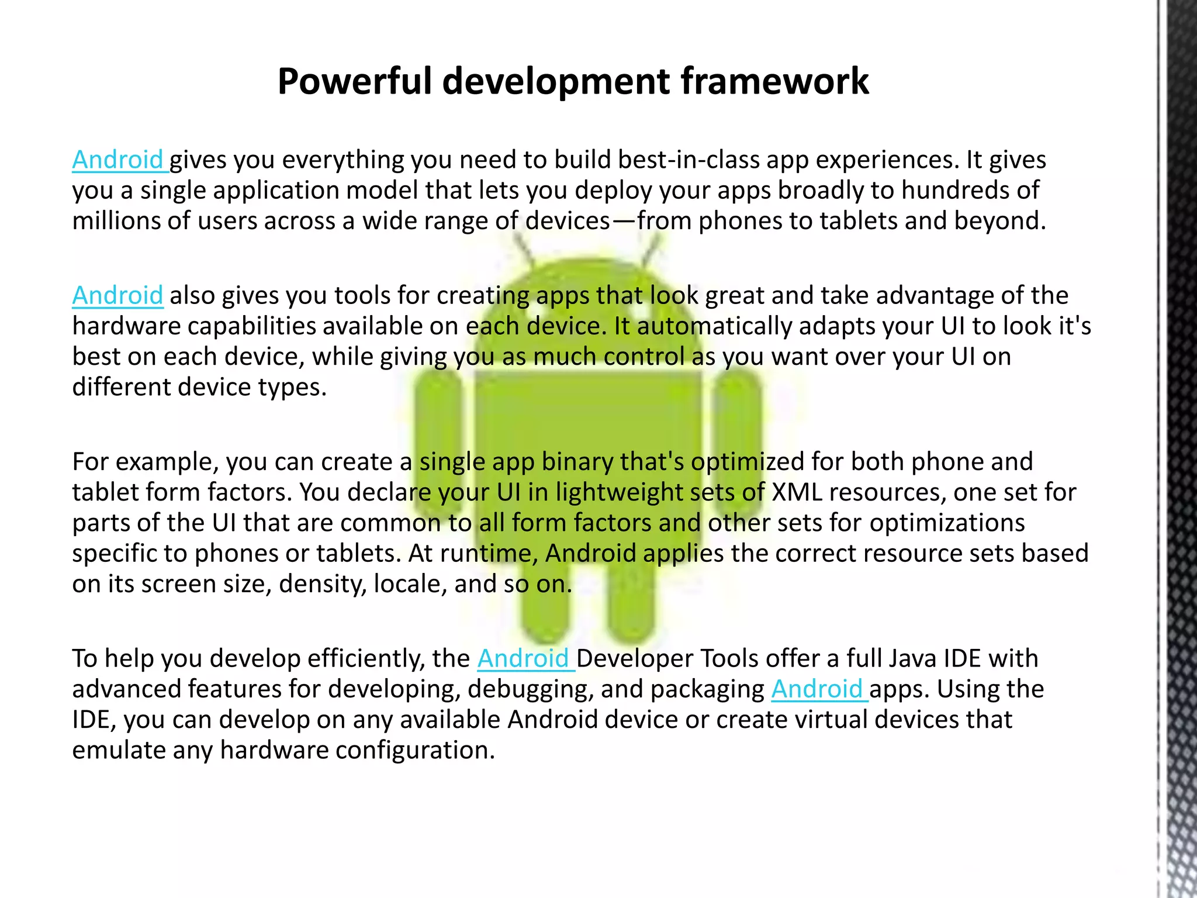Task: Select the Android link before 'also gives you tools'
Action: (x=117, y=295)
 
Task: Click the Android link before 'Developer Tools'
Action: (x=524, y=658)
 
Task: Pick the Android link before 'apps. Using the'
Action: (x=817, y=689)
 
